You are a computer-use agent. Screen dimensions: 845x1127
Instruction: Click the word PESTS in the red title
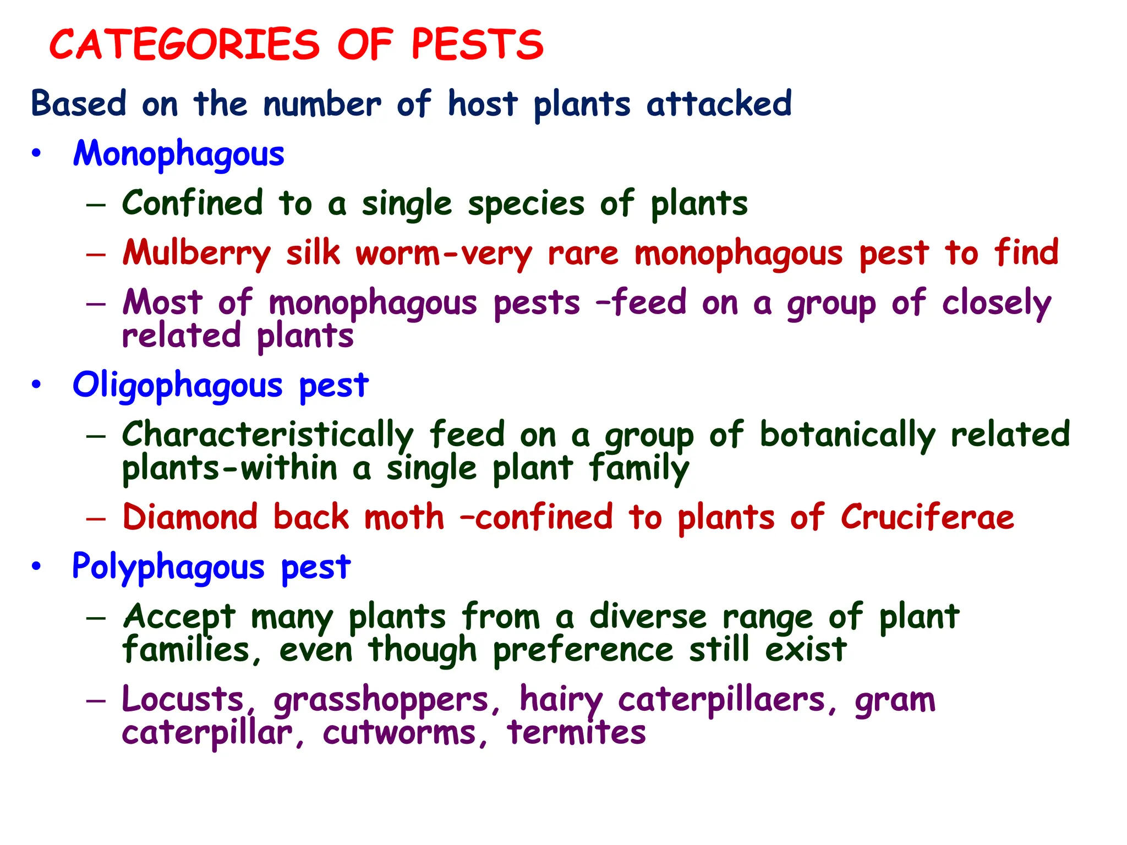point(477,45)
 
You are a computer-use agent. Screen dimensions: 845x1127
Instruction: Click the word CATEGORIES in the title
point(184,45)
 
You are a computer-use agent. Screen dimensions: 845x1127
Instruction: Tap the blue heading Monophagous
point(179,153)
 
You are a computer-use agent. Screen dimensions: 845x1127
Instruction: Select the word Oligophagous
point(177,385)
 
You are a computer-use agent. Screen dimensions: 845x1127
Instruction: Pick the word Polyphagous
point(168,567)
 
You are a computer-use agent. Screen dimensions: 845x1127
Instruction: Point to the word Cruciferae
point(927,518)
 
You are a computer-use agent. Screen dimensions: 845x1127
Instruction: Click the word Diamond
point(190,518)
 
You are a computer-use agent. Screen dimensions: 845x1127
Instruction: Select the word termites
point(576,733)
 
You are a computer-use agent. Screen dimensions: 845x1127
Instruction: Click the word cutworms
point(400,733)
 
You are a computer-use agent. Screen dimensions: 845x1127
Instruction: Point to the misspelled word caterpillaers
point(721,700)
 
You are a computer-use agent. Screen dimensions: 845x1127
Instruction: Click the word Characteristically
point(267,435)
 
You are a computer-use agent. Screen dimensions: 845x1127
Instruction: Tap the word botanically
point(847,435)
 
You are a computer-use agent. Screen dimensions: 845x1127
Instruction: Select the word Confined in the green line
point(193,203)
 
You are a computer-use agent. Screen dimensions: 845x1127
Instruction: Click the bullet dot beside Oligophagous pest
point(36,385)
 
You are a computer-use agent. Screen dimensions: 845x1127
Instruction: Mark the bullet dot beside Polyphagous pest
point(36,566)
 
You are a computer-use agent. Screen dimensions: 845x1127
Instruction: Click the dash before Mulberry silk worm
point(96,254)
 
